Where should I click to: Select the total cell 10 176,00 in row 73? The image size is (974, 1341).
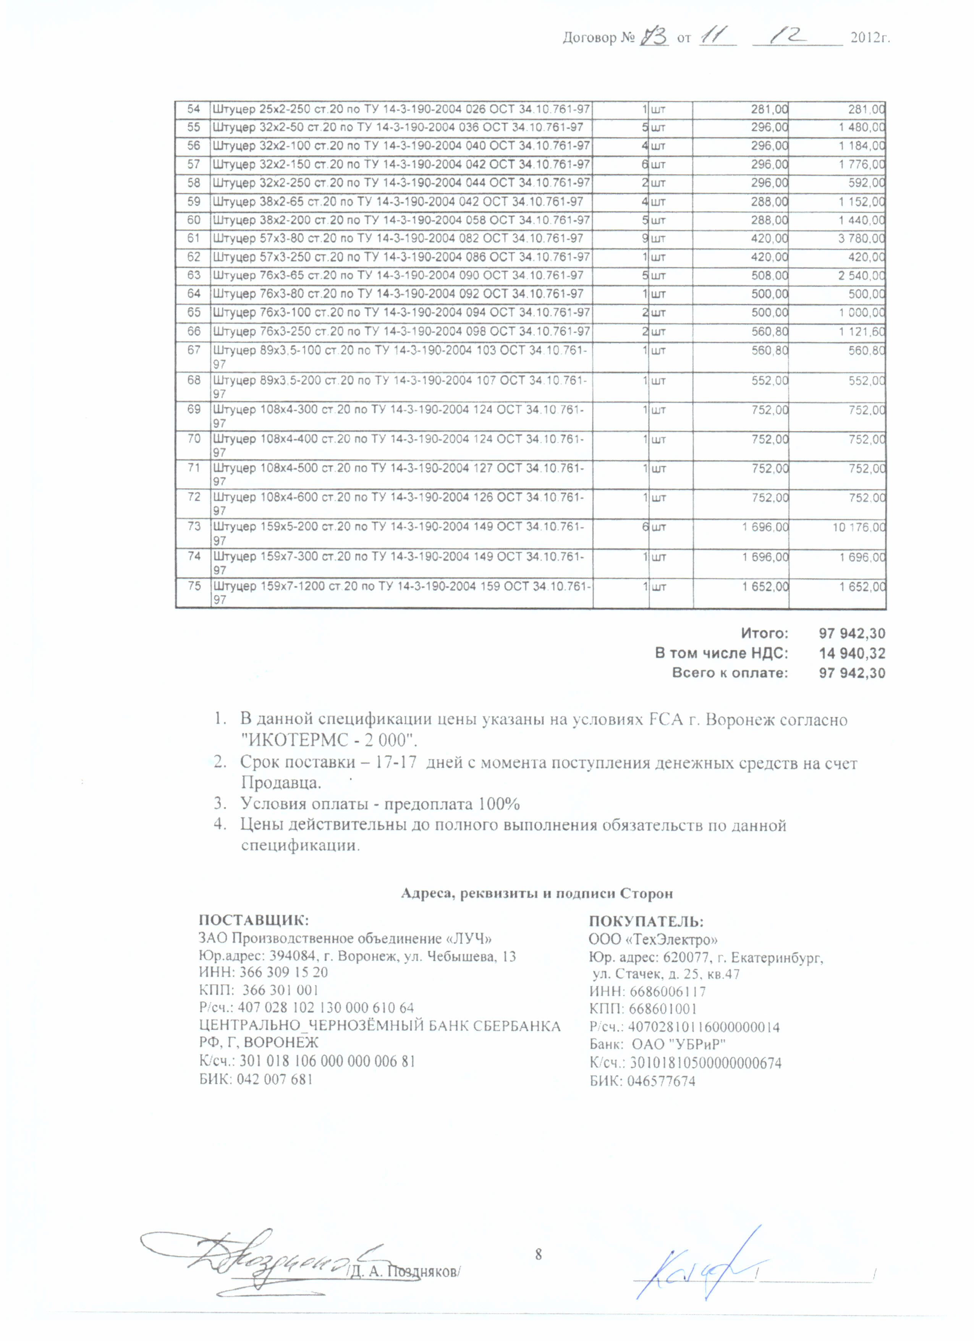point(859,527)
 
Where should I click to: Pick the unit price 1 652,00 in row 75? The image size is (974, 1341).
point(765,586)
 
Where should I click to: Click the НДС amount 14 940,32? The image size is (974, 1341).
point(852,653)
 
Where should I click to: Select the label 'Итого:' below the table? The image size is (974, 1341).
point(764,633)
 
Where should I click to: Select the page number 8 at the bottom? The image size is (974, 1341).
point(538,1254)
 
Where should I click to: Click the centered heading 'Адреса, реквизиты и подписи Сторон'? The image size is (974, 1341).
point(537,893)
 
